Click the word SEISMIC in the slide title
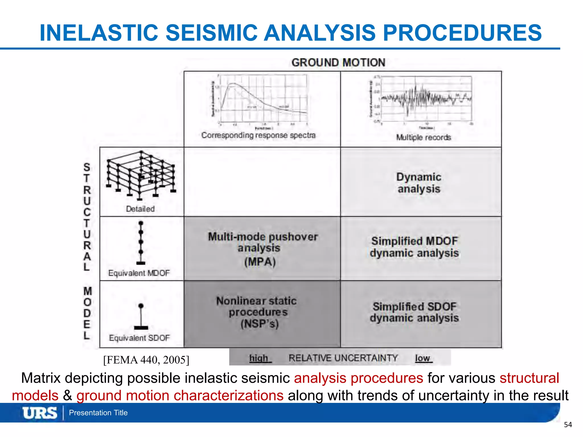(x=211, y=33)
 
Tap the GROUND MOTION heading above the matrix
(x=338, y=63)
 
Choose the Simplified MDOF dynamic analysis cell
(x=414, y=247)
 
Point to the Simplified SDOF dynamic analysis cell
(x=414, y=312)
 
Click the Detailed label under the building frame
(x=140, y=209)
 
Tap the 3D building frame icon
(x=141, y=175)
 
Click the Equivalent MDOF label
(x=139, y=273)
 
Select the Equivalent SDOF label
(x=139, y=338)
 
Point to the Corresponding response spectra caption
(x=258, y=135)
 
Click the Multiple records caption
(x=424, y=137)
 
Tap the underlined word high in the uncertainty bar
(x=259, y=358)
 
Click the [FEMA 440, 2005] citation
(x=146, y=360)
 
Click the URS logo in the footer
(x=40, y=413)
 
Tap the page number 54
(x=568, y=425)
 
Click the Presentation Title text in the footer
(x=98, y=413)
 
